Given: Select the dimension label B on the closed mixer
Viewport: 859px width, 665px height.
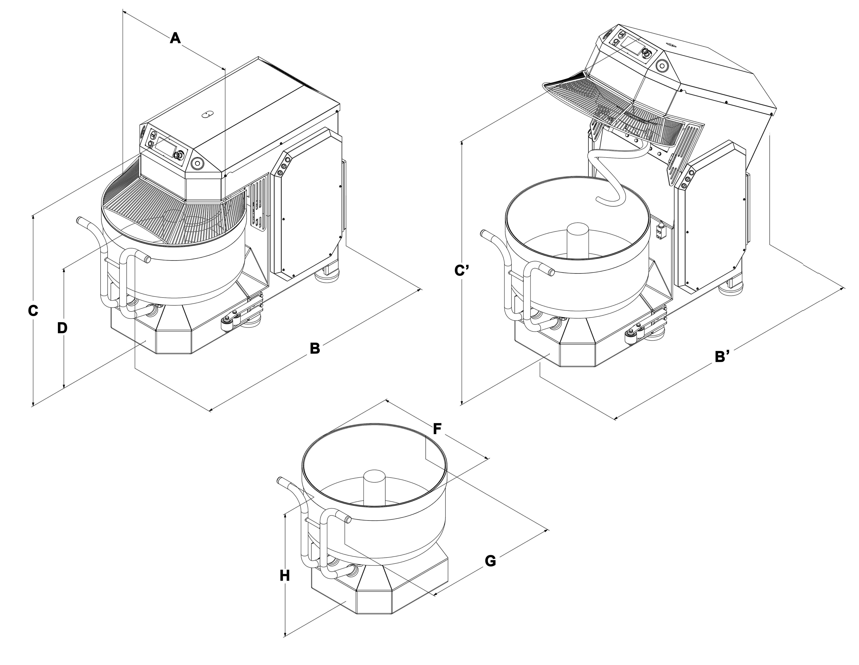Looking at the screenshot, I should [x=315, y=348].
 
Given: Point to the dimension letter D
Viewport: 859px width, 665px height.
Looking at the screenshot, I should [x=62, y=328].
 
